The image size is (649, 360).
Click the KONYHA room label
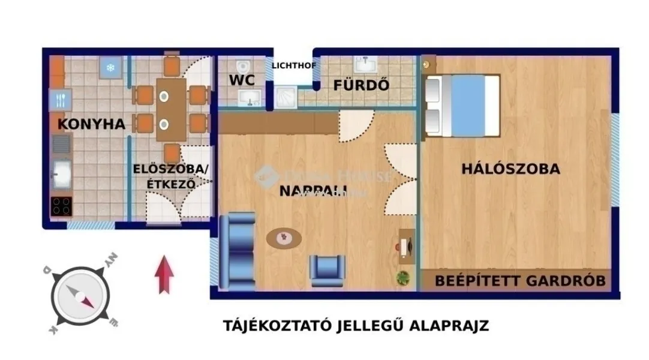[x=91, y=124]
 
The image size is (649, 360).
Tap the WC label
[x=242, y=80]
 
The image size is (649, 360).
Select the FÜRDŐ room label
[x=361, y=85]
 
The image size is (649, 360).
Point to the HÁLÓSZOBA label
[x=510, y=169]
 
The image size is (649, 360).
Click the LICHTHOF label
[x=293, y=65]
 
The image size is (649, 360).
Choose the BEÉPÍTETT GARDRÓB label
[x=520, y=280]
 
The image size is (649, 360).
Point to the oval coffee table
[x=284, y=238]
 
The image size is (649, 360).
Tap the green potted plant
[x=403, y=277]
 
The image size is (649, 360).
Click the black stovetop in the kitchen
[x=61, y=206]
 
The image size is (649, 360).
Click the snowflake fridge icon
[x=111, y=67]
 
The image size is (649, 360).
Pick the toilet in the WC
[x=243, y=65]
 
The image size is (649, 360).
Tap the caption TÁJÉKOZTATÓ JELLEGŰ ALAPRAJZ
[x=356, y=326]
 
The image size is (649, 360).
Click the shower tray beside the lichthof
[x=286, y=96]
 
